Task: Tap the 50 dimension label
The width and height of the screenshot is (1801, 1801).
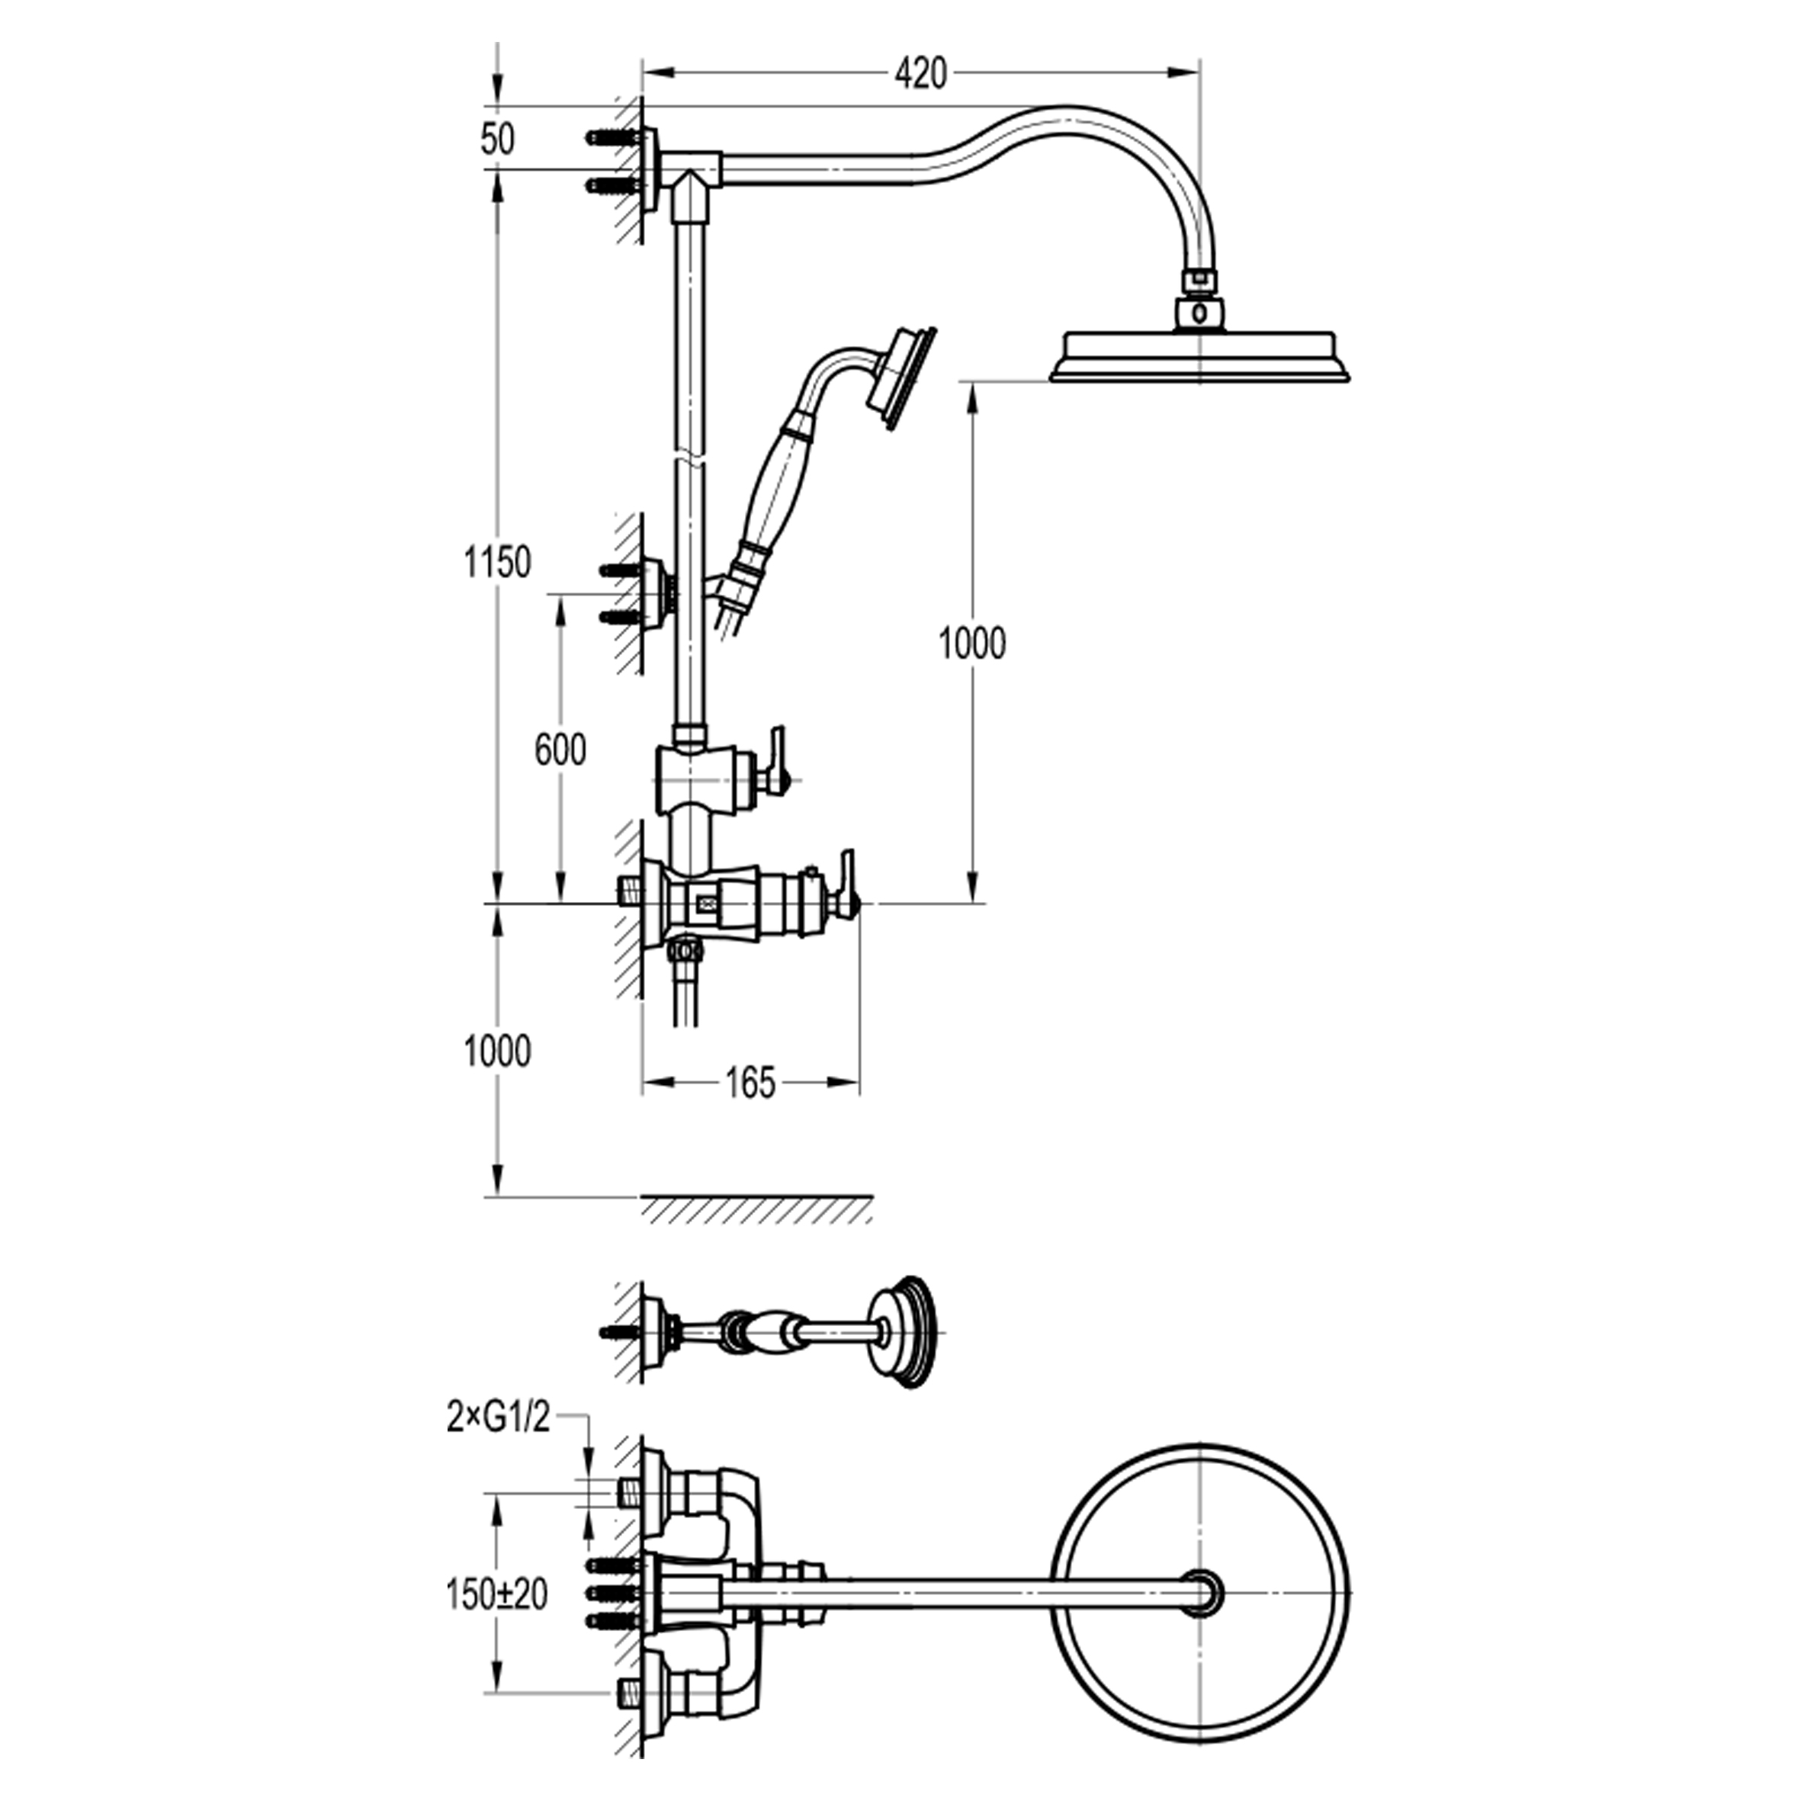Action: pos(498,140)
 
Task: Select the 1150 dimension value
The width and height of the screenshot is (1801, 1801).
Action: pos(498,562)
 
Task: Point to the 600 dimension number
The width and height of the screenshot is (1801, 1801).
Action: pos(560,750)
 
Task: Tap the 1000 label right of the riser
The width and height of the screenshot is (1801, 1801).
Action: pos(972,644)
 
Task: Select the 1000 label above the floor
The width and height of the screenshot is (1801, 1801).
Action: pos(498,1051)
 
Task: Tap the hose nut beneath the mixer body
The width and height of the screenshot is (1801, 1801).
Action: pos(687,950)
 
